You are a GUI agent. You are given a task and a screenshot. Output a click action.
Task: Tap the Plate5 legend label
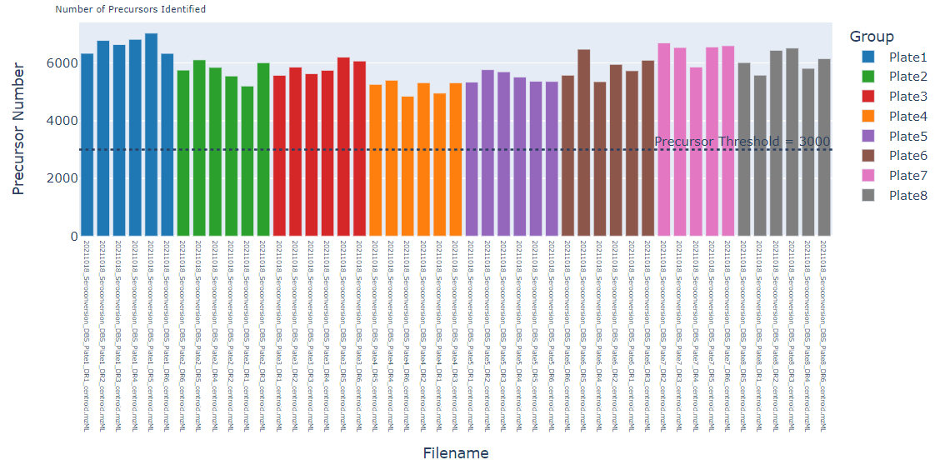coord(907,137)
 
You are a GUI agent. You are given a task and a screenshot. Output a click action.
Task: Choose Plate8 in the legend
coord(907,196)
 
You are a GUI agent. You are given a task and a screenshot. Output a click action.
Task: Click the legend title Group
coord(872,37)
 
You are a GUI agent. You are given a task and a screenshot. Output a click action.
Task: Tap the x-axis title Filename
coord(456,454)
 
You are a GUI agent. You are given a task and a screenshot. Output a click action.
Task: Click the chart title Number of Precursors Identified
coord(131,9)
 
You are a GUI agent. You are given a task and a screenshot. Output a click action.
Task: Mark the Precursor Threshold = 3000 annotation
coord(742,142)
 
